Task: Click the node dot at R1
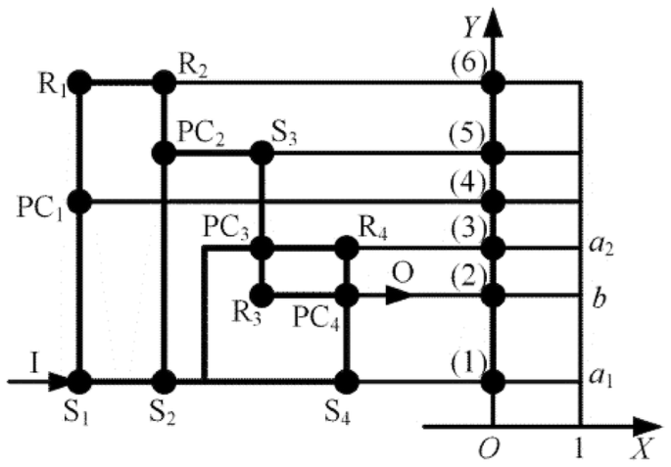[x=79, y=83]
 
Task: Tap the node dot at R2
[x=165, y=83]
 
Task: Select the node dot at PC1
[x=79, y=202]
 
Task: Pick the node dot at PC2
[x=165, y=153]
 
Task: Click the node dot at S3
[x=261, y=153]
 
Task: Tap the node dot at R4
[x=346, y=248]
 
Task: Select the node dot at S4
[x=346, y=380]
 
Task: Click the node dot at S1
[x=79, y=380]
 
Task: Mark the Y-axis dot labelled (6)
[x=494, y=83]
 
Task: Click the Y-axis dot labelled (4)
[x=494, y=202]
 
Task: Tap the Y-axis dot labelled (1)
[x=494, y=380]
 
